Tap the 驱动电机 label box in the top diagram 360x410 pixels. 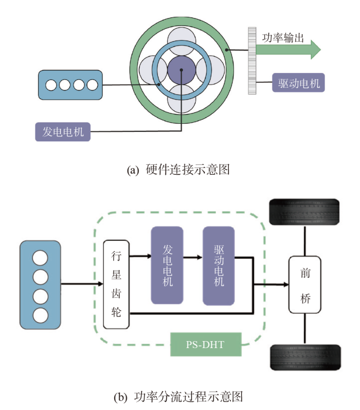pos(298,82)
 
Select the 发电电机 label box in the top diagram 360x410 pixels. pos(62,132)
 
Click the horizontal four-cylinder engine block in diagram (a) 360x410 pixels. pos(71,85)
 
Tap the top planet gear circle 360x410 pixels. pos(180,38)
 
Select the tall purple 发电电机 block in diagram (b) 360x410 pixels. pos(167,265)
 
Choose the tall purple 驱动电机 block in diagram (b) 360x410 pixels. pos(218,265)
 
